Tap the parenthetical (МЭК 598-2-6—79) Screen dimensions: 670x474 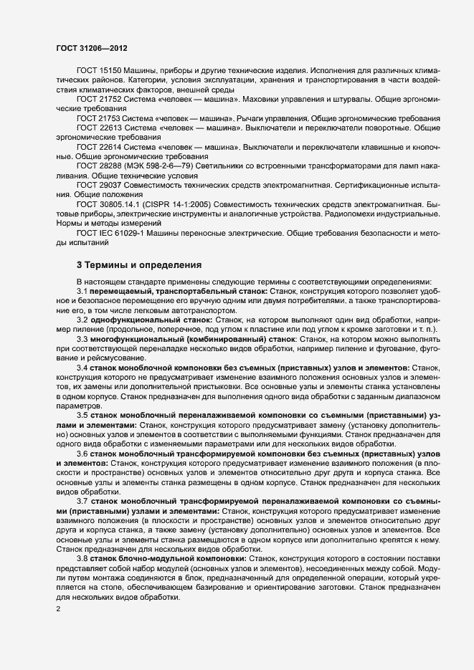click(x=151, y=166)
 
